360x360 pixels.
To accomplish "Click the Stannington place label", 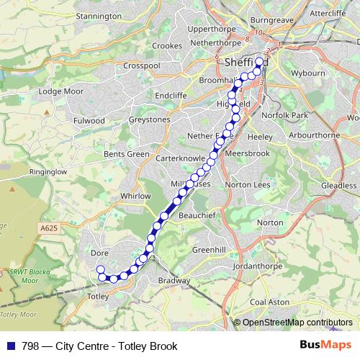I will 99,15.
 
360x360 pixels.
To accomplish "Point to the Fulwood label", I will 89,121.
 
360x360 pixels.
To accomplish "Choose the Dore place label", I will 100,253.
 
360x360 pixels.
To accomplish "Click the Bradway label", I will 174,281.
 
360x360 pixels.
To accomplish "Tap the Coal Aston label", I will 271,302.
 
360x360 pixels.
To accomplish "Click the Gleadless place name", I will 338,185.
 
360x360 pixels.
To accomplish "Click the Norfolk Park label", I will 284,114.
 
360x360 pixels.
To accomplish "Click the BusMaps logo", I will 325,346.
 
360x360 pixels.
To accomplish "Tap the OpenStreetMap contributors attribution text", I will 297,323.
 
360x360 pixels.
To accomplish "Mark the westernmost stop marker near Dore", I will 101,270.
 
